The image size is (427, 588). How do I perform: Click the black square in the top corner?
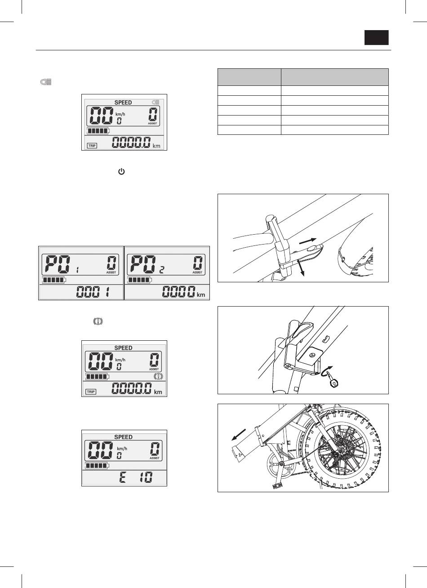(x=376, y=38)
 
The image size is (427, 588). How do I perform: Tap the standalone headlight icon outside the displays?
(x=46, y=82)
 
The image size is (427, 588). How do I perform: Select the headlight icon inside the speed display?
(x=156, y=102)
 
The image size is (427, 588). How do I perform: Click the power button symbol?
(x=121, y=172)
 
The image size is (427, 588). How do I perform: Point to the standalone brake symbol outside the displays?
(x=98, y=321)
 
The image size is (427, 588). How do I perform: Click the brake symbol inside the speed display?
(x=158, y=376)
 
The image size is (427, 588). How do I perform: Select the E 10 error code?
(x=136, y=477)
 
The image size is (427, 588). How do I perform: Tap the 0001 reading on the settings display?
(x=93, y=292)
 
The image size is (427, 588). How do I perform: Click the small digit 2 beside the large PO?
(x=162, y=270)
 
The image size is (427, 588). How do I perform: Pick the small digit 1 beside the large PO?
(x=77, y=270)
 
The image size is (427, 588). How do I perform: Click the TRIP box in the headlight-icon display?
(x=92, y=145)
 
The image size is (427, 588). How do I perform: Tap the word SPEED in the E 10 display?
(x=123, y=437)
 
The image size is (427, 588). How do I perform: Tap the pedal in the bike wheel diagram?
(x=277, y=486)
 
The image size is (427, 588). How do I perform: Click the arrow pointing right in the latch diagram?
(x=308, y=241)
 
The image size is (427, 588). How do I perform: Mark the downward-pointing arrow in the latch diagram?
(x=301, y=268)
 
